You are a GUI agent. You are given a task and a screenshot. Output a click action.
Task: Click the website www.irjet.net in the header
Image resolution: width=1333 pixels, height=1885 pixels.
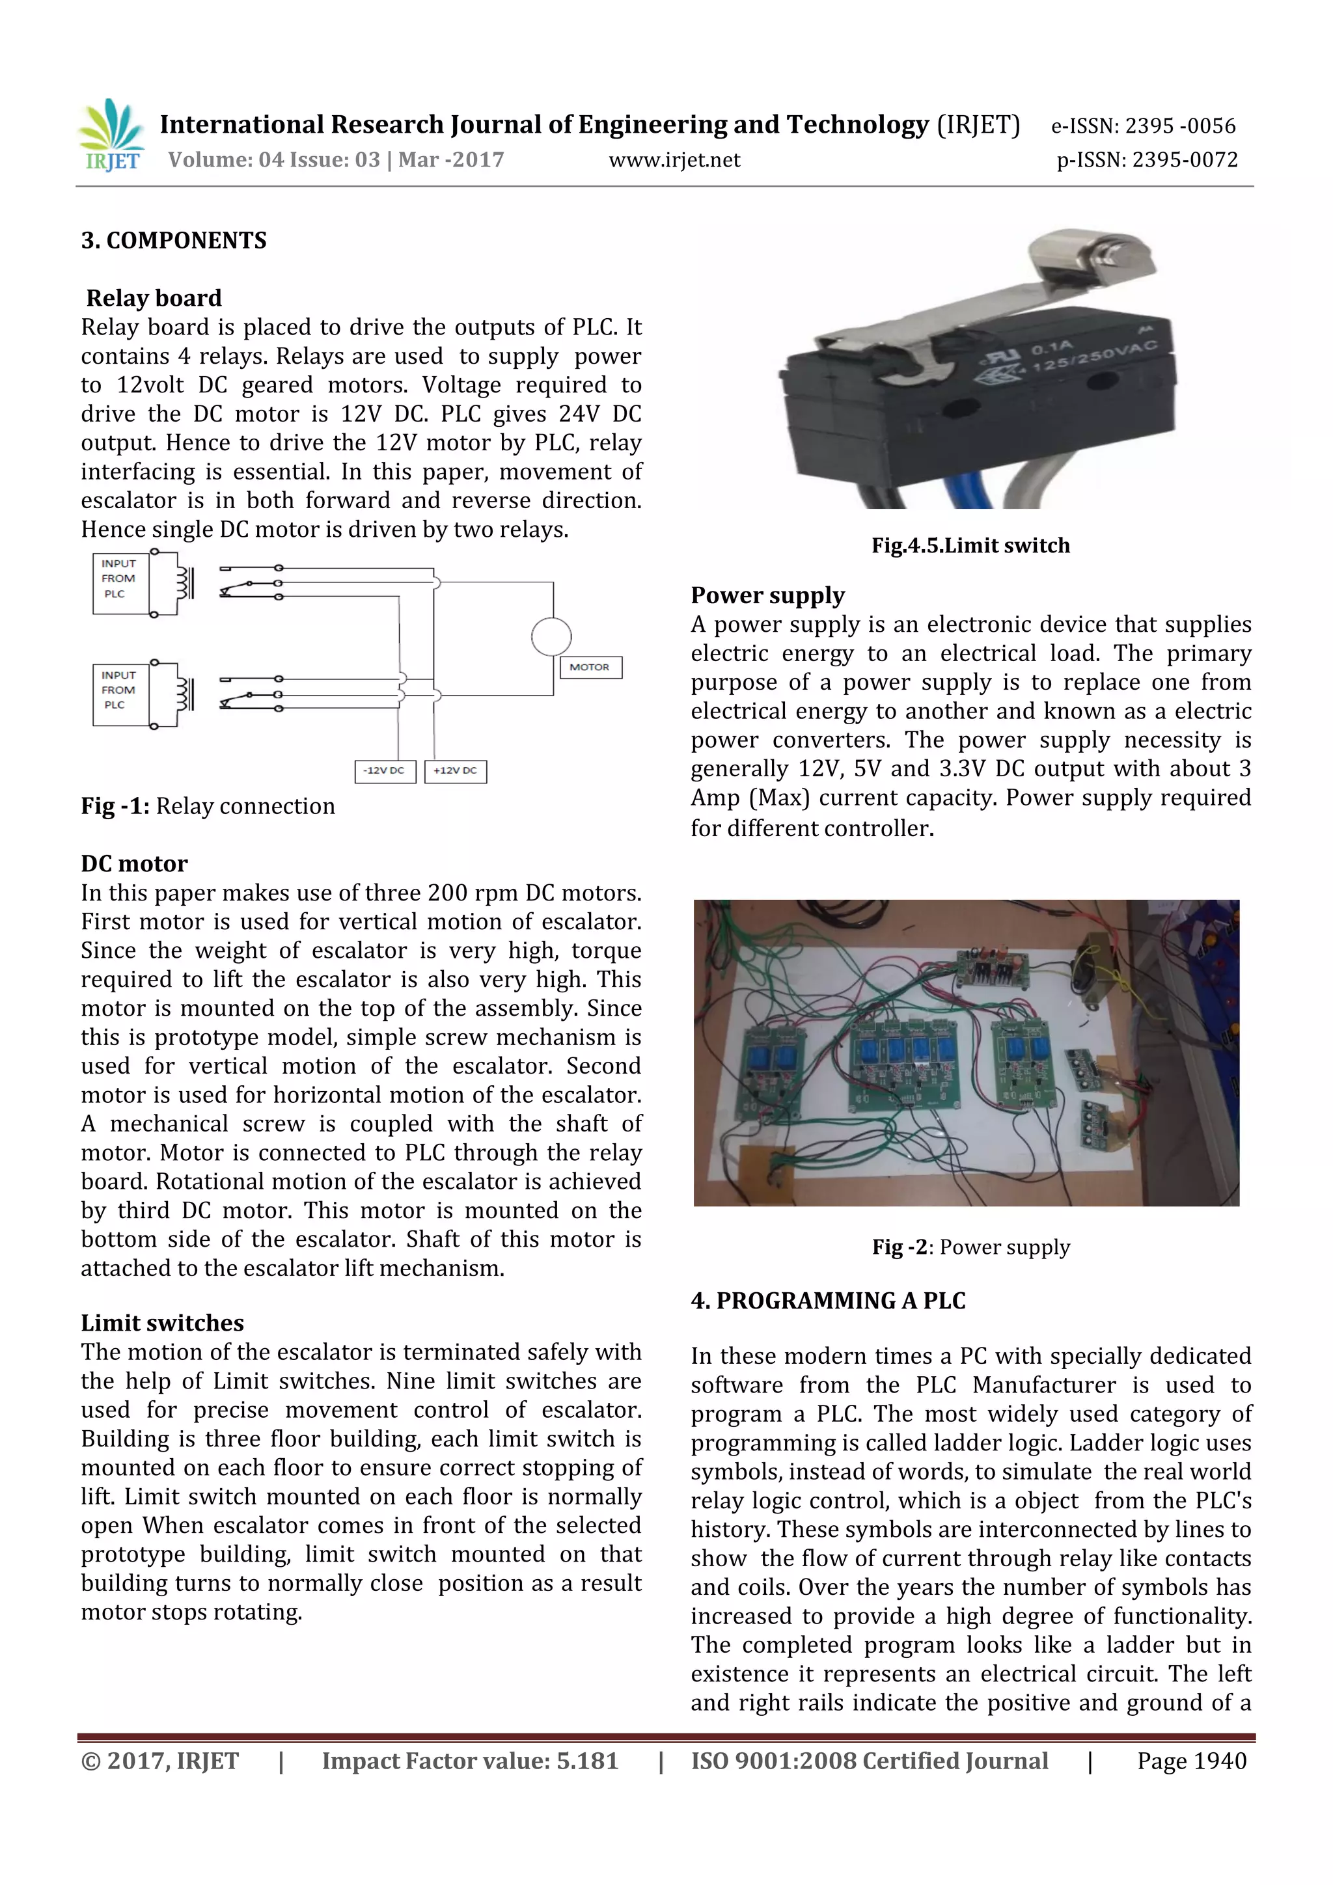click(x=674, y=160)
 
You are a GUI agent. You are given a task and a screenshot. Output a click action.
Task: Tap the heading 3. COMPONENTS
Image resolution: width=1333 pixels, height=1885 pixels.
click(x=173, y=241)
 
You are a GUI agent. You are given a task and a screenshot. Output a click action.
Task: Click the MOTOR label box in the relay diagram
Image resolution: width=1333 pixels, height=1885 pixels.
click(x=590, y=667)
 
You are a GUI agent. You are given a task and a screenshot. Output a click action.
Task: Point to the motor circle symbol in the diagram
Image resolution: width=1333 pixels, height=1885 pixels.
click(x=551, y=636)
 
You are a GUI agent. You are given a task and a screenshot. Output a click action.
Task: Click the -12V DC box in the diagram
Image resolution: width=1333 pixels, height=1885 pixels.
click(x=385, y=770)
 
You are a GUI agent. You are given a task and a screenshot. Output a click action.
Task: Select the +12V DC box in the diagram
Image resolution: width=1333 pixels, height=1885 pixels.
click(x=455, y=770)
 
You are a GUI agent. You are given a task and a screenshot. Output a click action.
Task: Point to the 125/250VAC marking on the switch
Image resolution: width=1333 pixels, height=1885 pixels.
click(x=1095, y=355)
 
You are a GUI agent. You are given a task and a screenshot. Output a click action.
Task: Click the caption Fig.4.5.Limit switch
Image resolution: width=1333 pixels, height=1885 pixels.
click(x=970, y=546)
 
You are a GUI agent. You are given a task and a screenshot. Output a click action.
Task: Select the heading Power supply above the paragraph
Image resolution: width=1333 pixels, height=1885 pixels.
click(x=767, y=595)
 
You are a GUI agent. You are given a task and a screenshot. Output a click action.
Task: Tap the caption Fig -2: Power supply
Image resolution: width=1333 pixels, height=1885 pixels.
click(x=970, y=1247)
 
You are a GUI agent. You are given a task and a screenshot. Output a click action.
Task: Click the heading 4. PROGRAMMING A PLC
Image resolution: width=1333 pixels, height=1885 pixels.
click(x=827, y=1301)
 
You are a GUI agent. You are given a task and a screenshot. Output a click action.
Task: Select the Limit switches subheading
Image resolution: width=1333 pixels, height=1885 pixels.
click(x=162, y=1323)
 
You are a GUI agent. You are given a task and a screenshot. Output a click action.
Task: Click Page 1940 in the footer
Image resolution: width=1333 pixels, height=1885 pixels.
click(x=1191, y=1760)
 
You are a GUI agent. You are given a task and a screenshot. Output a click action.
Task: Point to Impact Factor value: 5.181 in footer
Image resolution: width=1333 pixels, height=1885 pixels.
click(x=469, y=1760)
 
